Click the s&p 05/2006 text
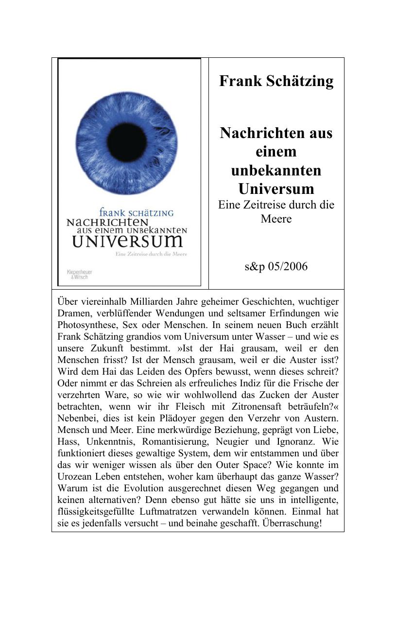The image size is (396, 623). click(x=276, y=267)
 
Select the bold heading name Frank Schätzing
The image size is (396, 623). click(x=276, y=81)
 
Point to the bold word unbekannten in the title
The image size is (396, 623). click(x=276, y=170)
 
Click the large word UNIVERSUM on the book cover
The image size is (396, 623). click(x=127, y=241)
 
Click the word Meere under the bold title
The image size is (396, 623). click(x=276, y=219)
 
